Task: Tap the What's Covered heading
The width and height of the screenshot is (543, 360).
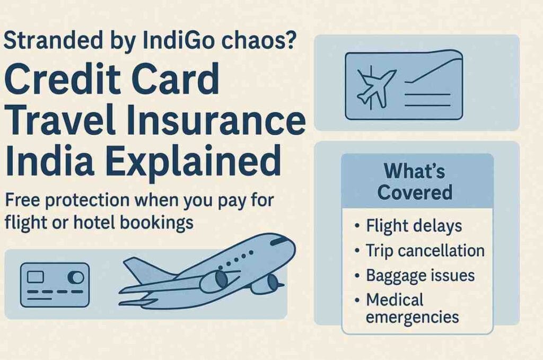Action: pos(414,181)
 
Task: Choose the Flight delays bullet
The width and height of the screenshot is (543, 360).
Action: pos(414,226)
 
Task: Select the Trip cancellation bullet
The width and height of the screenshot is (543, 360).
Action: pos(425,250)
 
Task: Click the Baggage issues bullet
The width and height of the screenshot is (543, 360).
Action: pos(420,275)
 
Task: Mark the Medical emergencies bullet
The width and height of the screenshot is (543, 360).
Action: pos(412,308)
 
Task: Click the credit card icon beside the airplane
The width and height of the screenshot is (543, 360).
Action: pos(55,285)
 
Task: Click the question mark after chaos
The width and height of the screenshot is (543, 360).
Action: pos(288,41)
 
